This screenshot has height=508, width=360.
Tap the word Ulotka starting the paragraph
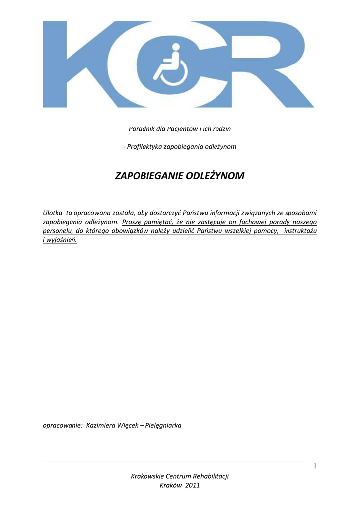pyautogui.click(x=53, y=213)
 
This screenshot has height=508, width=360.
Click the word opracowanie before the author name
pyautogui.click(x=62, y=425)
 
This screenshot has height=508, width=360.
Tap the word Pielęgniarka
pyautogui.click(x=163, y=425)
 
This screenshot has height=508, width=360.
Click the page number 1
pyautogui.click(x=315, y=466)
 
